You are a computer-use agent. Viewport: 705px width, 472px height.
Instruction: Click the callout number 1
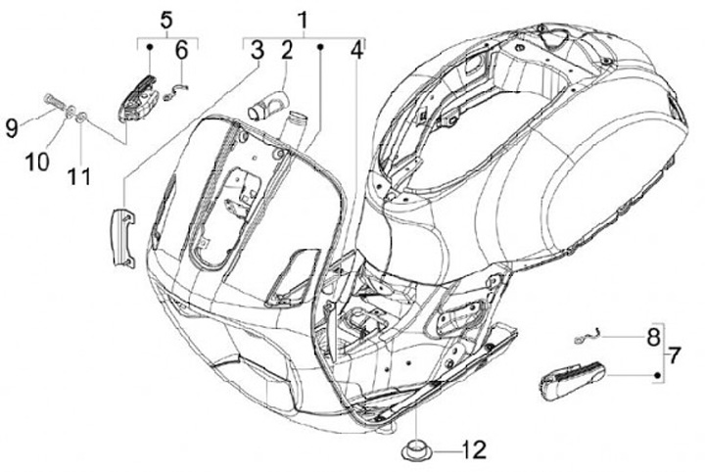(303, 19)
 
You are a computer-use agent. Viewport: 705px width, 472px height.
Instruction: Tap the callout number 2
(286, 51)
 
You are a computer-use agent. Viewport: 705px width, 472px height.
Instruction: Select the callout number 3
(257, 51)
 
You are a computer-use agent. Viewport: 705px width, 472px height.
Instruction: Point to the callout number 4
(356, 51)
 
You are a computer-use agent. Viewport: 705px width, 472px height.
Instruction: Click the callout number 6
(181, 51)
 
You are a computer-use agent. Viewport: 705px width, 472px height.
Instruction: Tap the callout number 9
(11, 125)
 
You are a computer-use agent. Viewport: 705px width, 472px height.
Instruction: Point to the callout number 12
(474, 451)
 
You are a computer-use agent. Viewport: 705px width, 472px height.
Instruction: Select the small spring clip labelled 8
(585, 337)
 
